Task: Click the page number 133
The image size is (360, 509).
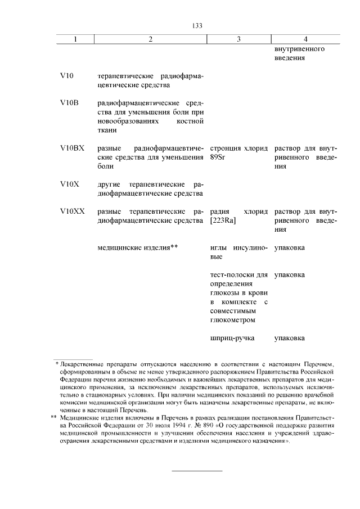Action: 196,26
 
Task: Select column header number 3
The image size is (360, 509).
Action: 239,39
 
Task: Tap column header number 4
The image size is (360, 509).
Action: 305,39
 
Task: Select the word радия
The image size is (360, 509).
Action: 218,211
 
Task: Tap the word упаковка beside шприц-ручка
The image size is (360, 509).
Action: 290,339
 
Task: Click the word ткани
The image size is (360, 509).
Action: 107,130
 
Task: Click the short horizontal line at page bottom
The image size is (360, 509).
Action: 196,470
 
